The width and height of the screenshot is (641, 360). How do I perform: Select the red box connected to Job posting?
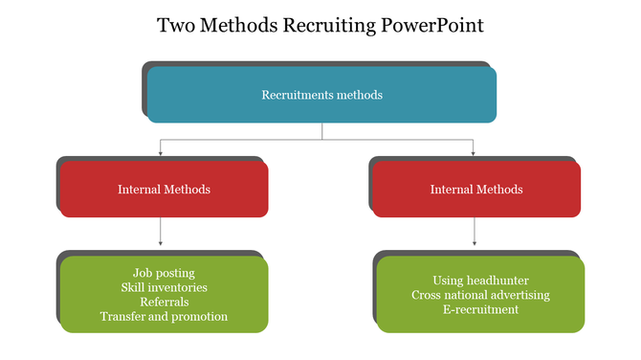164,189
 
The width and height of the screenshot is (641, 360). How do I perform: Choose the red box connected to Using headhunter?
475,189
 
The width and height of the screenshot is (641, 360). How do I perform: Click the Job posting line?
164,273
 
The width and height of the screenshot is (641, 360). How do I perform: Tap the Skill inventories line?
164,287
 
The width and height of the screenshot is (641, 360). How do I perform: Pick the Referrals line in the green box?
164,302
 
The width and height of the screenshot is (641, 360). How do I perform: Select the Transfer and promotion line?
164,316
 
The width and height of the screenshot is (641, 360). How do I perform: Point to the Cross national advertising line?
480,295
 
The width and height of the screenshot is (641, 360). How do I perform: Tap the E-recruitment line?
480,309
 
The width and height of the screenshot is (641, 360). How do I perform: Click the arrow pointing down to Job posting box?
160,234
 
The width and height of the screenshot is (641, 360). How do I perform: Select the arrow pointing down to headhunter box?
474,234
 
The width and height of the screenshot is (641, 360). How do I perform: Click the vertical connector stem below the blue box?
321,131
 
